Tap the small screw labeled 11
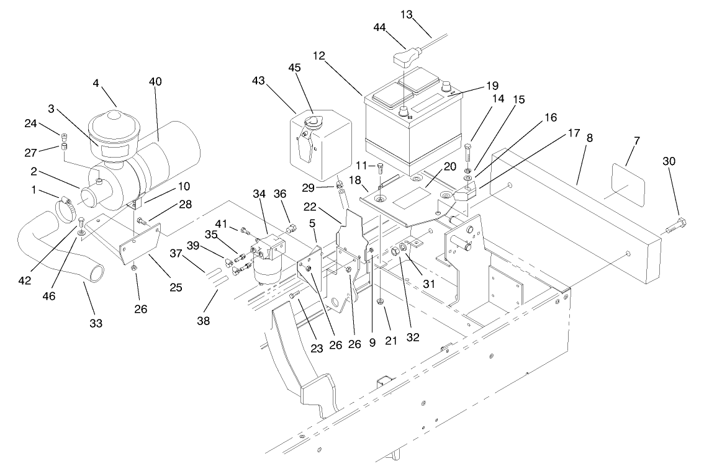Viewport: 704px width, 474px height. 380,166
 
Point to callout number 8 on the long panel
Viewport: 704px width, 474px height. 589,138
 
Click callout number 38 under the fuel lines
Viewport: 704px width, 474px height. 204,321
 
